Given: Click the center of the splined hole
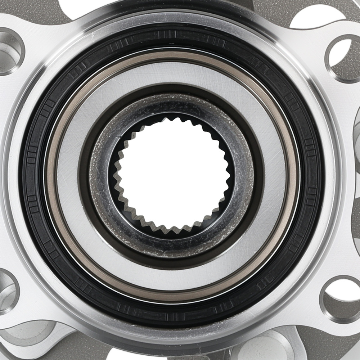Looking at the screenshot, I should (172, 176).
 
